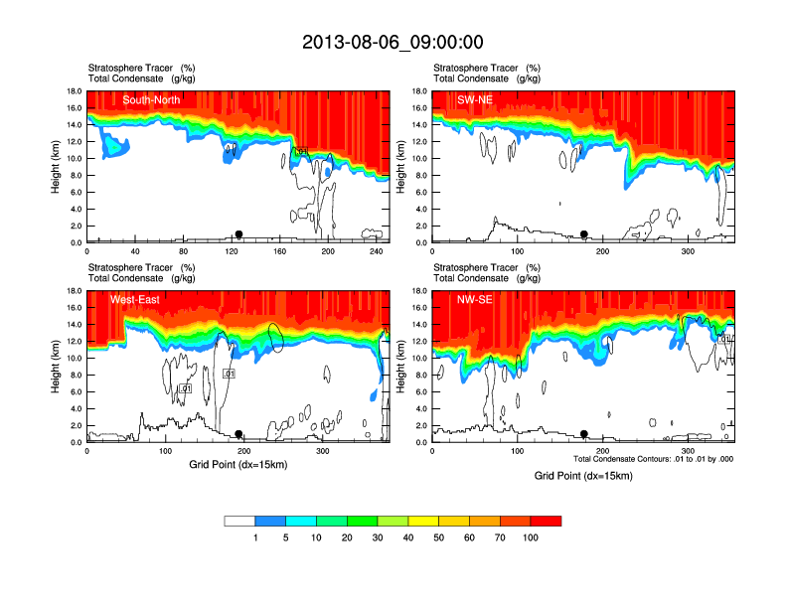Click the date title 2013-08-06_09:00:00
(x=393, y=42)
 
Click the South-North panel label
(x=152, y=99)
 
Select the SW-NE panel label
(x=474, y=99)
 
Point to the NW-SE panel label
(x=474, y=299)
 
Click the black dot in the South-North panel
(x=238, y=234)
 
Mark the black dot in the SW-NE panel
(x=584, y=234)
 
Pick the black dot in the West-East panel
(x=238, y=434)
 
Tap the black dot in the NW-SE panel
(x=584, y=434)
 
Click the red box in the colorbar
(x=546, y=521)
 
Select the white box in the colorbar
(x=240, y=521)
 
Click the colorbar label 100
(x=531, y=537)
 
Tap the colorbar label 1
(x=255, y=537)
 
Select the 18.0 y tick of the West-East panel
(x=73, y=291)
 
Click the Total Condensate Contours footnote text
(x=654, y=459)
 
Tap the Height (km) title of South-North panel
(x=57, y=167)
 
